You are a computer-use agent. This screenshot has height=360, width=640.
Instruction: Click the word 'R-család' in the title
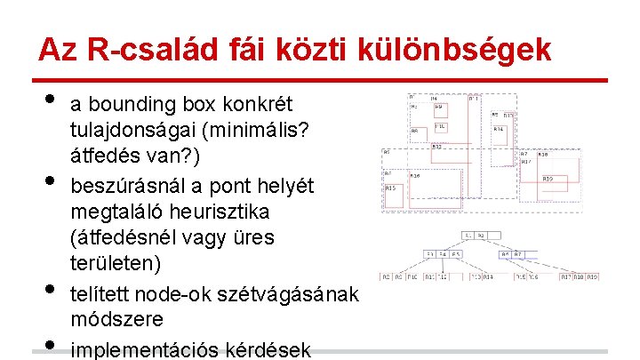(133, 49)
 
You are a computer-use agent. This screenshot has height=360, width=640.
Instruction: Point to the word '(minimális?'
(255, 131)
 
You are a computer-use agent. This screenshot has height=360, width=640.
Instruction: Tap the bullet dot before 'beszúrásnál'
(49, 182)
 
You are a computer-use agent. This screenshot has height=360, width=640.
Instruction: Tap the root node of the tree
(472, 235)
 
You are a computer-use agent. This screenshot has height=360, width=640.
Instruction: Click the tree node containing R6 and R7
(511, 254)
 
